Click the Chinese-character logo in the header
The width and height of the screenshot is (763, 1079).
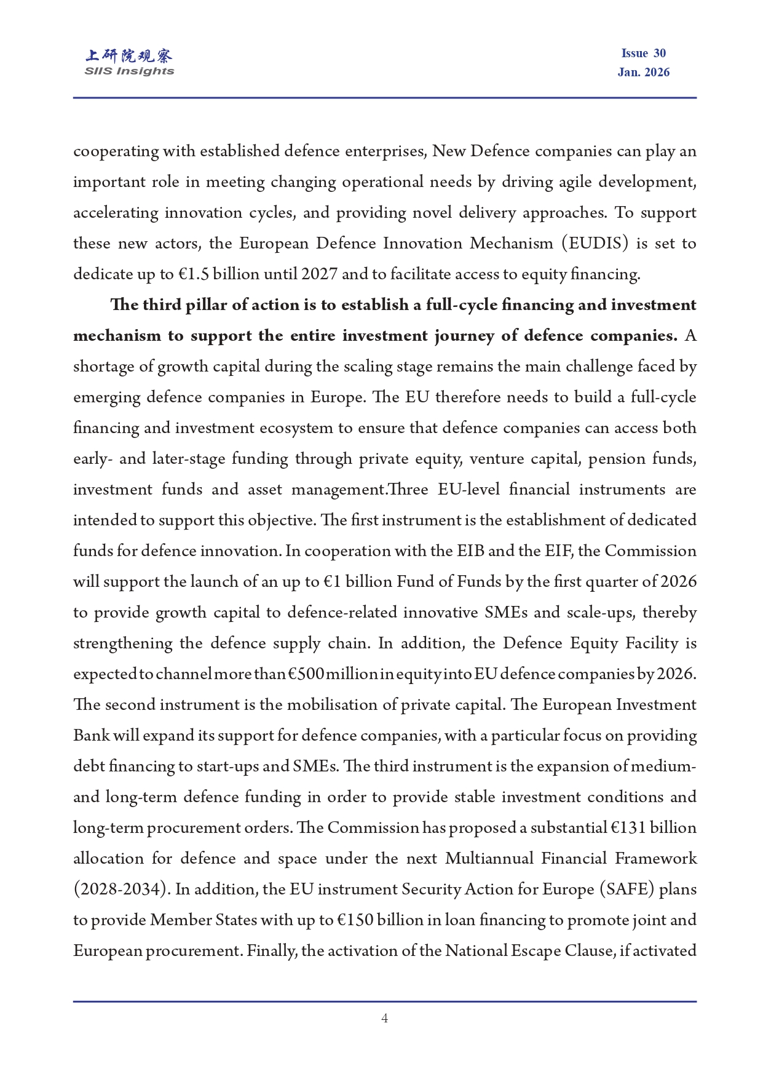click(x=129, y=56)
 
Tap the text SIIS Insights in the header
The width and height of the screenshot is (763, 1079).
click(x=129, y=71)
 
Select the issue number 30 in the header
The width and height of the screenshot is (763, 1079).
click(x=660, y=54)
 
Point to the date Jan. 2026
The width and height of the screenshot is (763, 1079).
click(x=643, y=73)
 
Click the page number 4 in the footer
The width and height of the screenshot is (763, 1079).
click(x=384, y=1018)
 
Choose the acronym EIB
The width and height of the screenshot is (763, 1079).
click(x=471, y=551)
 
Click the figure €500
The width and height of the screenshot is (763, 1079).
click(x=306, y=674)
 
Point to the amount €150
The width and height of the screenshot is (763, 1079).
click(x=355, y=920)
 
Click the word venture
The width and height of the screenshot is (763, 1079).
click(x=503, y=459)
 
